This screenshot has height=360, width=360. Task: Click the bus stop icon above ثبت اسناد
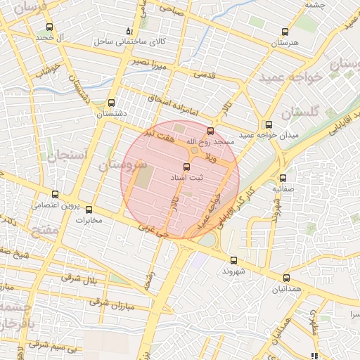[x=186, y=167]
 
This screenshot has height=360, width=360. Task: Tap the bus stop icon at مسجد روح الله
[x=210, y=131]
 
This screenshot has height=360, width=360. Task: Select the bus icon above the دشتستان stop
[x=111, y=103]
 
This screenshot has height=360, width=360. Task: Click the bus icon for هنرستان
[x=285, y=32]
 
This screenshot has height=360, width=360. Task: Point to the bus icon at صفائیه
[x=283, y=178]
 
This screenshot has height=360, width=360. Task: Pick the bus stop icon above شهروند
[x=234, y=259]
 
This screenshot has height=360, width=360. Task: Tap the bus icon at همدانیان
[x=286, y=278]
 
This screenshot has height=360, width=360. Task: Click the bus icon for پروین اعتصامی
[x=56, y=194]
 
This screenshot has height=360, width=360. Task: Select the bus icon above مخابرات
[x=89, y=209]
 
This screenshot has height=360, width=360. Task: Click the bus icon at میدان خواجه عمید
[x=269, y=124]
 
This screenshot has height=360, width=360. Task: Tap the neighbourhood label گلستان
[x=301, y=112]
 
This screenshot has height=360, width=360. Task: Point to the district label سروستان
[x=122, y=167]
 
